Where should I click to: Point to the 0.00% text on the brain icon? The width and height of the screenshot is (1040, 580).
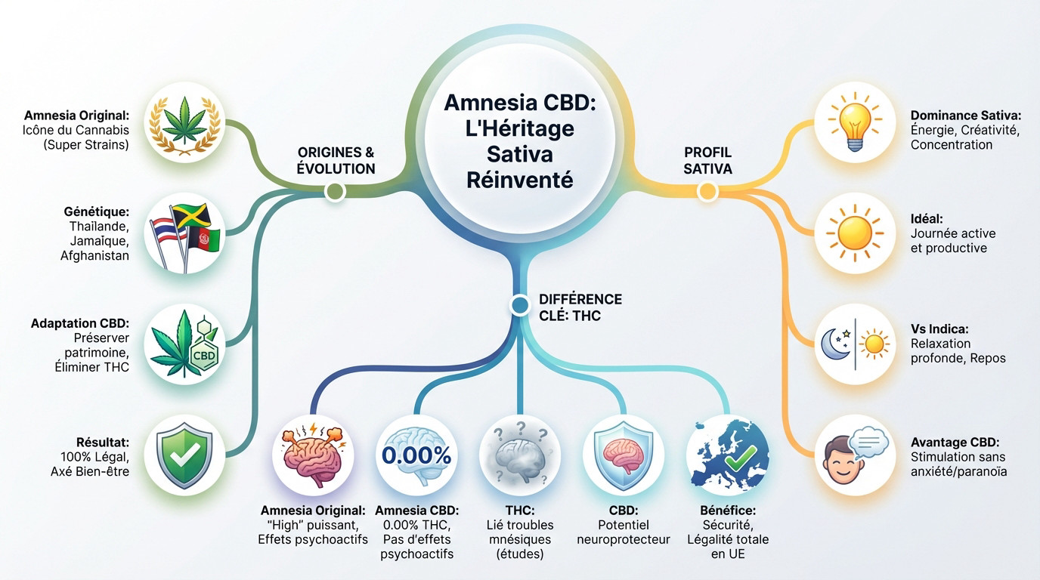pos(416,455)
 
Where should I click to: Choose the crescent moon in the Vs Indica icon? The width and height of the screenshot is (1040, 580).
pos(831,344)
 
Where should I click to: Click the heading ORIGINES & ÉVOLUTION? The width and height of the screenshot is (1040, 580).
pos(336,161)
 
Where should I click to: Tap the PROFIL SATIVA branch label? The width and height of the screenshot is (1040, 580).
pos(707,161)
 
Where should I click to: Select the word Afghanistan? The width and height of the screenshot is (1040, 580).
pos(94,255)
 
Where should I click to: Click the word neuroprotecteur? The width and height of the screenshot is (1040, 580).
pos(623,539)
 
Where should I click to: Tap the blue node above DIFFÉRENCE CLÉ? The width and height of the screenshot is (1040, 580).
pos(519,305)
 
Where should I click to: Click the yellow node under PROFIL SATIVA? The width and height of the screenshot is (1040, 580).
pos(707,192)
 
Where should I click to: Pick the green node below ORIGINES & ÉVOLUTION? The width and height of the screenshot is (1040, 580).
pos(334,192)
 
